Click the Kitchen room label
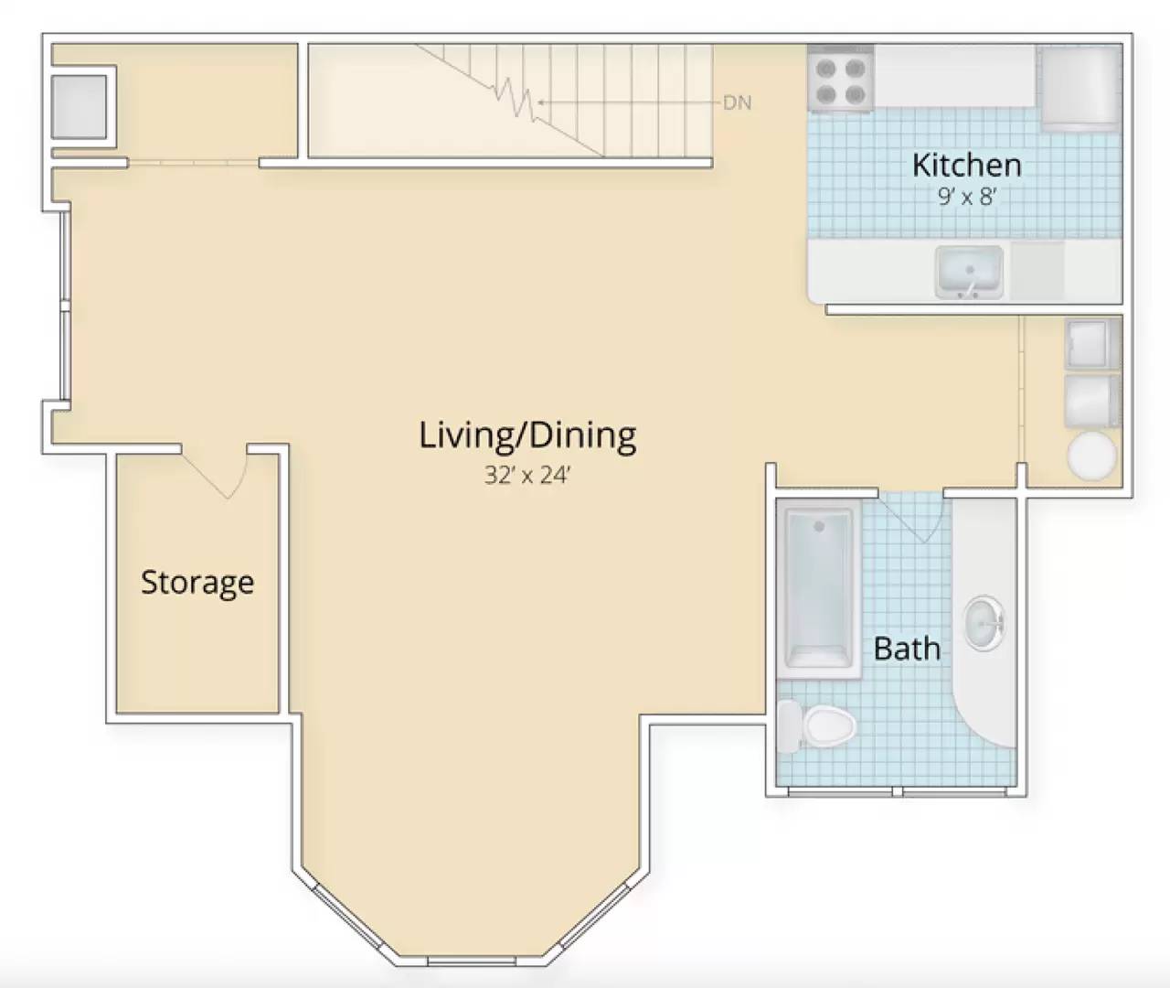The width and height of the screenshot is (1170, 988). [x=966, y=165]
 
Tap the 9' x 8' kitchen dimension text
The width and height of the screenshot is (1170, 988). [x=967, y=197]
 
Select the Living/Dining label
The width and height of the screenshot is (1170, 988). [x=527, y=435]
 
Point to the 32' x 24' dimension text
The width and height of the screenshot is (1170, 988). [x=527, y=476]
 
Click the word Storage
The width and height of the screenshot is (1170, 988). [x=197, y=583]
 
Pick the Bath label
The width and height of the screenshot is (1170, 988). [x=907, y=649]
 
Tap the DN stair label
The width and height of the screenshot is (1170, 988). [x=737, y=103]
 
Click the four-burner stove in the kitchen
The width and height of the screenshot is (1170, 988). [x=841, y=79]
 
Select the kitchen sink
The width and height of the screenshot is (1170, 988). [x=970, y=272]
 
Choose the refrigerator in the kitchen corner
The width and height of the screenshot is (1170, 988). [x=1080, y=89]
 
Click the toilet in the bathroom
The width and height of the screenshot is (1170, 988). [x=816, y=725]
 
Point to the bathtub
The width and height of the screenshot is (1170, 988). [x=819, y=590]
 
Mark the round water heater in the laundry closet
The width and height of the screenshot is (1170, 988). [x=1092, y=456]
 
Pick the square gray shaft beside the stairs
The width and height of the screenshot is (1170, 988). [x=79, y=106]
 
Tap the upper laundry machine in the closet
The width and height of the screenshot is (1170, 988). [x=1091, y=344]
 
